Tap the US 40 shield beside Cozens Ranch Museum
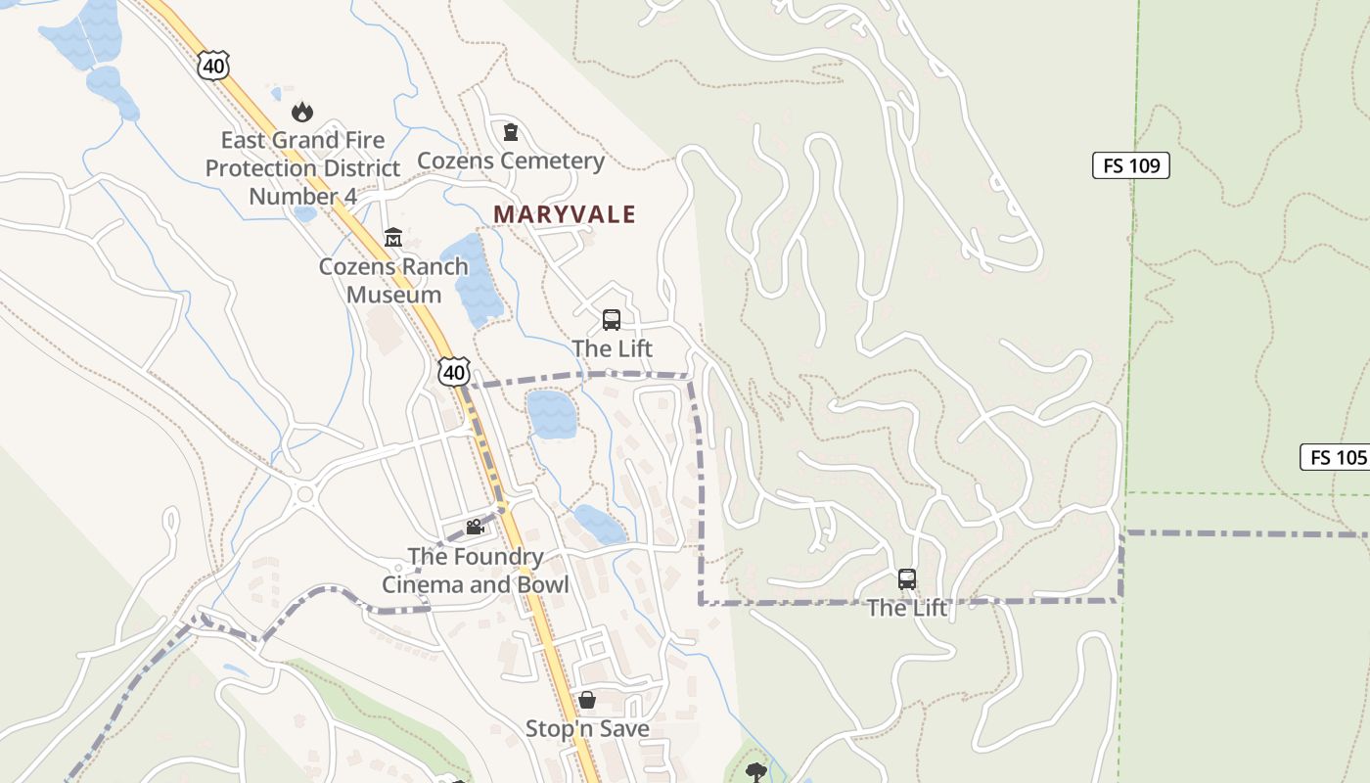pyautogui.click(x=454, y=371)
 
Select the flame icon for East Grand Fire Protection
pyautogui.click(x=301, y=112)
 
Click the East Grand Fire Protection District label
pyautogui.click(x=302, y=168)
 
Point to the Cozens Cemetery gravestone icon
pyautogui.click(x=510, y=132)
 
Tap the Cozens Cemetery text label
pyautogui.click(x=510, y=161)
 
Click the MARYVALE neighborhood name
pyautogui.click(x=565, y=214)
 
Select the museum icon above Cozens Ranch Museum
pyautogui.click(x=393, y=238)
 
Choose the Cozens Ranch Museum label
pyautogui.click(x=393, y=280)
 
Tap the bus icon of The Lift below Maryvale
pyautogui.click(x=612, y=320)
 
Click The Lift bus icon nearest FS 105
pyautogui.click(x=907, y=579)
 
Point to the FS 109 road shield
pyautogui.click(x=1130, y=165)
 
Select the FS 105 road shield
pyautogui.click(x=1336, y=457)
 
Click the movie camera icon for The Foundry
pyautogui.click(x=475, y=528)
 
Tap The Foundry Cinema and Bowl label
pyautogui.click(x=475, y=571)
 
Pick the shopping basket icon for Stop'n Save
pyautogui.click(x=587, y=700)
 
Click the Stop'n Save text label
pyautogui.click(x=587, y=729)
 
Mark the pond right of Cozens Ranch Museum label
pyautogui.click(x=473, y=279)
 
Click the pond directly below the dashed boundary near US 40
pyautogui.click(x=551, y=413)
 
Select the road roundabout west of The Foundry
pyautogui.click(x=304, y=494)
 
